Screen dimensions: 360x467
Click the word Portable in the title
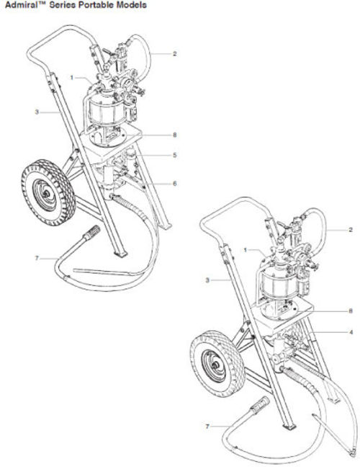pyautogui.click(x=94, y=5)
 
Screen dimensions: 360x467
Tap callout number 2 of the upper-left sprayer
pyautogui.click(x=175, y=54)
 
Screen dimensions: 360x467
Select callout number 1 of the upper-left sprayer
pyautogui.click(x=72, y=77)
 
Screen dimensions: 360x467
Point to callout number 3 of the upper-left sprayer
pyautogui.click(x=37, y=112)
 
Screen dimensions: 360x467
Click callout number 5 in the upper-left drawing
pyautogui.click(x=175, y=155)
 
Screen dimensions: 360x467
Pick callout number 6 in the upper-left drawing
pyautogui.click(x=175, y=184)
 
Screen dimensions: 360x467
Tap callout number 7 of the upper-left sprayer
pyautogui.click(x=37, y=258)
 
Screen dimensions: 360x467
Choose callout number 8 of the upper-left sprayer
pyautogui.click(x=175, y=135)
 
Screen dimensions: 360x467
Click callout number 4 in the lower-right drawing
pyautogui.click(x=351, y=332)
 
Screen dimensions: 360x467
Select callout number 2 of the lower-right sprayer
pyautogui.click(x=351, y=230)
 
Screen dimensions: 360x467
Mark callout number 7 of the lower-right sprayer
pyautogui.click(x=207, y=427)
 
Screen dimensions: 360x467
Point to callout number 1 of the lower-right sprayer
pyautogui.click(x=246, y=249)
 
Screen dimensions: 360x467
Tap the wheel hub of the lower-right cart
pyautogui.click(x=214, y=365)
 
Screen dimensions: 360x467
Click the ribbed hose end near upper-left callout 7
pyautogui.click(x=91, y=233)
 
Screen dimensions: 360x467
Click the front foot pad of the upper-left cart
pyautogui.click(x=121, y=254)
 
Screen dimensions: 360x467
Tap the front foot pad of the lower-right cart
pyautogui.click(x=289, y=427)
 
